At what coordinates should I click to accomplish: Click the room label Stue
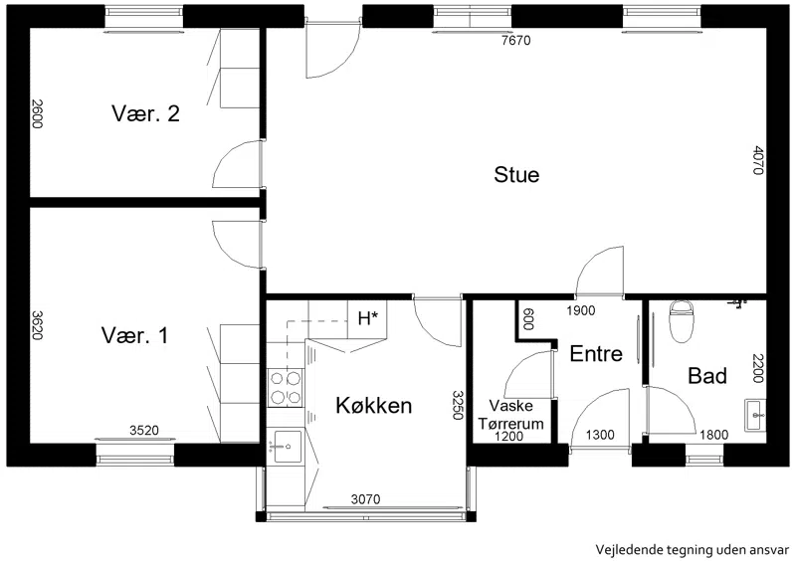click(x=516, y=175)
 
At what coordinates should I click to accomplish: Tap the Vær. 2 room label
click(x=145, y=113)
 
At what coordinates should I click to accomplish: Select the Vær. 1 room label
click(x=134, y=335)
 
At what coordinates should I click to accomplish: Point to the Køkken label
click(x=374, y=406)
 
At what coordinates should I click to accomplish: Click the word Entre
click(x=596, y=354)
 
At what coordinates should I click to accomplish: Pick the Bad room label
click(x=707, y=376)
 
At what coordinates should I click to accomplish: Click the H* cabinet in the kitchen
click(x=368, y=318)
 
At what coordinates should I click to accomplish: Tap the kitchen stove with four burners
click(x=286, y=388)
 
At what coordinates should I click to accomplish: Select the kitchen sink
click(x=288, y=447)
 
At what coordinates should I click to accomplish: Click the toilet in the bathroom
click(x=681, y=321)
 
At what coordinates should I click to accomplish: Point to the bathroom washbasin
click(x=755, y=415)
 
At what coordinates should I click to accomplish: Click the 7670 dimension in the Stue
click(x=515, y=41)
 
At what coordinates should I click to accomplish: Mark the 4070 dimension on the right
click(x=757, y=160)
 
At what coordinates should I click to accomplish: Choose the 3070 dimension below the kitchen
click(x=365, y=499)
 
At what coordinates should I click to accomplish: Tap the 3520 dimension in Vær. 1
click(x=144, y=431)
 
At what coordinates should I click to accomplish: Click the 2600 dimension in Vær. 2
click(x=37, y=114)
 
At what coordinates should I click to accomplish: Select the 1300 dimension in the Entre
click(x=600, y=435)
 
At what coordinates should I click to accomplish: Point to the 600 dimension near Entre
click(x=528, y=319)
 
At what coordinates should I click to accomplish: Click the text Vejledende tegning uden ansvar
click(x=693, y=550)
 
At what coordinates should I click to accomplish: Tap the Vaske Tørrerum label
click(x=511, y=414)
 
